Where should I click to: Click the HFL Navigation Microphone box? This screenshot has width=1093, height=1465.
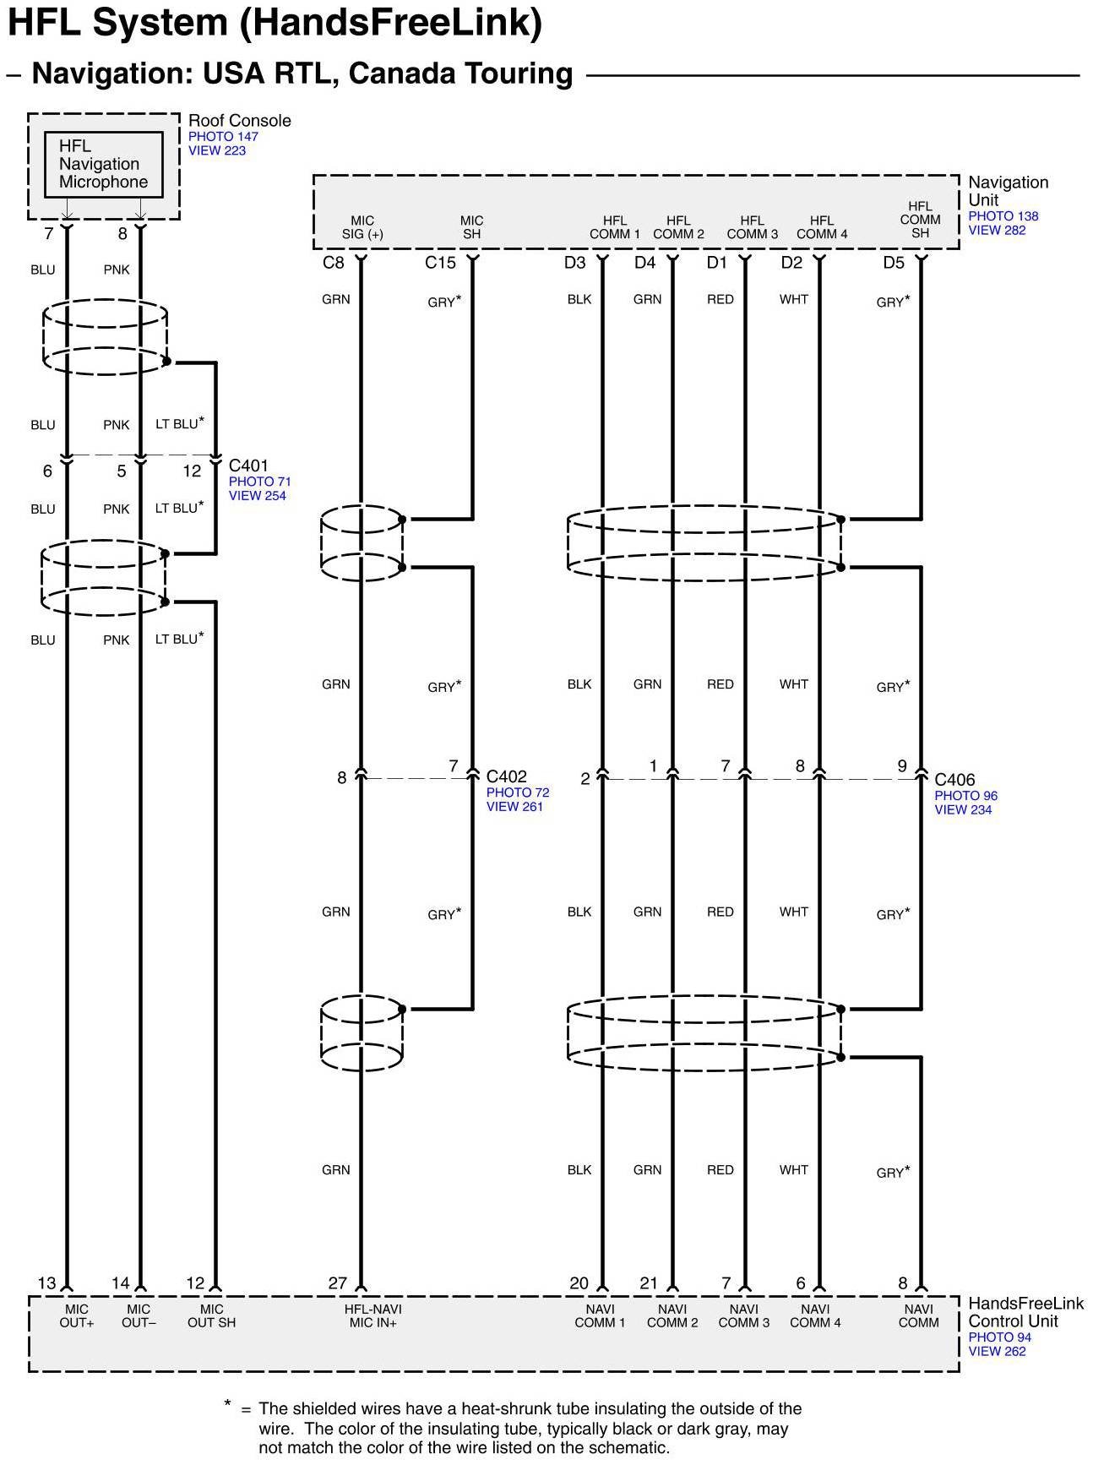point(103,164)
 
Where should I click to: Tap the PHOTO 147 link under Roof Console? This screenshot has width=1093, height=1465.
point(223,136)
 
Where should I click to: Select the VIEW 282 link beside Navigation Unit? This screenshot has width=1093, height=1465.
point(997,230)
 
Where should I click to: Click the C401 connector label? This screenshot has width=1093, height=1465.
point(248,466)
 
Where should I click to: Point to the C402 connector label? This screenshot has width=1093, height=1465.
point(507,776)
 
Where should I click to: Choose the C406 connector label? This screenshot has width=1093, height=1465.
point(954,780)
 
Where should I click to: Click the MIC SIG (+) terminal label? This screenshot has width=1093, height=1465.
point(362,227)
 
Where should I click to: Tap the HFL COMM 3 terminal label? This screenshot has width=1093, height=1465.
point(752,227)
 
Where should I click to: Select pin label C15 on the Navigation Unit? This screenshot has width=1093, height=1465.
point(440,263)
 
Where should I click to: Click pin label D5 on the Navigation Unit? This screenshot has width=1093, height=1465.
point(894,263)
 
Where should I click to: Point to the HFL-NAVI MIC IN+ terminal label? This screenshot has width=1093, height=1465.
point(373,1315)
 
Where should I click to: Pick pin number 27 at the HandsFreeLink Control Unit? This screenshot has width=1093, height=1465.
point(337,1283)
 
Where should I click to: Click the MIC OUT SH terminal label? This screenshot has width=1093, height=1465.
point(211,1315)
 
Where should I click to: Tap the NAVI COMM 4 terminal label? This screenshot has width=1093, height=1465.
point(815,1315)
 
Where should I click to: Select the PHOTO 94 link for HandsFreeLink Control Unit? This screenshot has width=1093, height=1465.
point(999,1337)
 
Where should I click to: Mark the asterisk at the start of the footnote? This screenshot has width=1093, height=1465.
point(227,1404)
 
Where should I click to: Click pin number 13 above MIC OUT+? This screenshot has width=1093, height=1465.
point(46,1283)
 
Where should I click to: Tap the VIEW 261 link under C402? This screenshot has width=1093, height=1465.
point(514,807)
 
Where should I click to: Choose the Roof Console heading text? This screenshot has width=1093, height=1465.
point(239,121)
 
